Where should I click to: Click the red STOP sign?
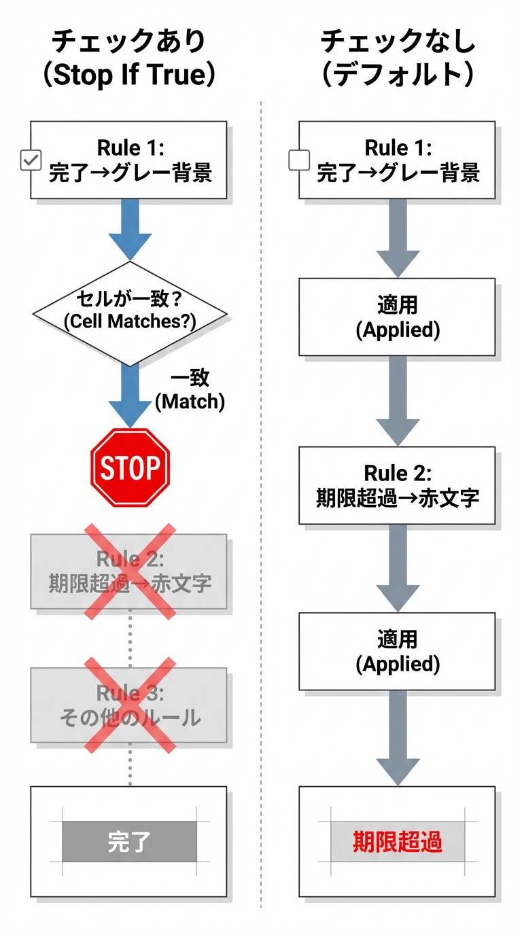click(x=130, y=468)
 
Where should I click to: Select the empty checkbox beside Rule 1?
click(x=299, y=160)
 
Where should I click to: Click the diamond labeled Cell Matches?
click(x=130, y=313)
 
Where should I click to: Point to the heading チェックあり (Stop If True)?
click(x=129, y=58)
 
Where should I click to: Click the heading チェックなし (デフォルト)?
click(x=397, y=58)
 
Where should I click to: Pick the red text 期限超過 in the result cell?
click(x=398, y=842)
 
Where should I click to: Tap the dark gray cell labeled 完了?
click(x=129, y=842)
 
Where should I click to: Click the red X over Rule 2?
click(x=130, y=571)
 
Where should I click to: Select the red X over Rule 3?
click(x=130, y=704)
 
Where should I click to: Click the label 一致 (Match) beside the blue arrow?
click(x=190, y=390)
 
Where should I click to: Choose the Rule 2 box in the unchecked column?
click(x=397, y=485)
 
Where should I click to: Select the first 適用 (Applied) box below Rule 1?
click(x=397, y=317)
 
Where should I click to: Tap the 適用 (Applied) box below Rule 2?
click(x=397, y=652)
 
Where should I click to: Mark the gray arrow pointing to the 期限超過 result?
click(x=398, y=737)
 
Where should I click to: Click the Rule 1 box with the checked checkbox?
click(x=129, y=160)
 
